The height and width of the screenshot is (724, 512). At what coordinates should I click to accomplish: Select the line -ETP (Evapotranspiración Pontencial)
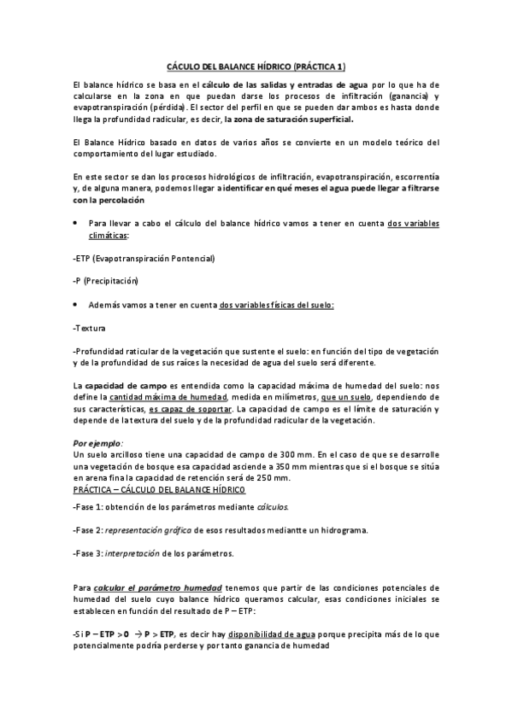[144, 257]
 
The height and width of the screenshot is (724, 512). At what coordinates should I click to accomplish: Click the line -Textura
[90, 328]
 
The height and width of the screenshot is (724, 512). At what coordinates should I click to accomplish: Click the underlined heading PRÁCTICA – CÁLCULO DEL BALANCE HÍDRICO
[160, 490]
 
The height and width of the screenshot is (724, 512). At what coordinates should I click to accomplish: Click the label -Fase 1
[90, 508]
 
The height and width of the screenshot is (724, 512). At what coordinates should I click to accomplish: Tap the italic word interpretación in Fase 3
[132, 553]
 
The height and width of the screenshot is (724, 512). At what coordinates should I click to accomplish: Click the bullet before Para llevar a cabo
[76, 223]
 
